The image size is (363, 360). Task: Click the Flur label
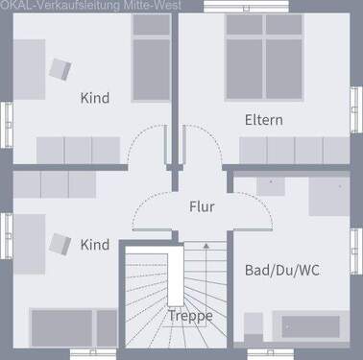(x=201, y=206)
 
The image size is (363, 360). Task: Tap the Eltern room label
(x=263, y=120)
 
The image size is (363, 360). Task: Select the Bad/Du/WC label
(x=281, y=270)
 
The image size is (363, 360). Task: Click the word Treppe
(x=190, y=315)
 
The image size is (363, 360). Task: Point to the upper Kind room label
(x=94, y=98)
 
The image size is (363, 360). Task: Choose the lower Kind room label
(x=94, y=245)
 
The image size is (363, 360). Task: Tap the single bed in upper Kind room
(x=150, y=67)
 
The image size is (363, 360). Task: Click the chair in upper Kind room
(x=61, y=68)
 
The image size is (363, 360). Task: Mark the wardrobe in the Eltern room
(x=294, y=151)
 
